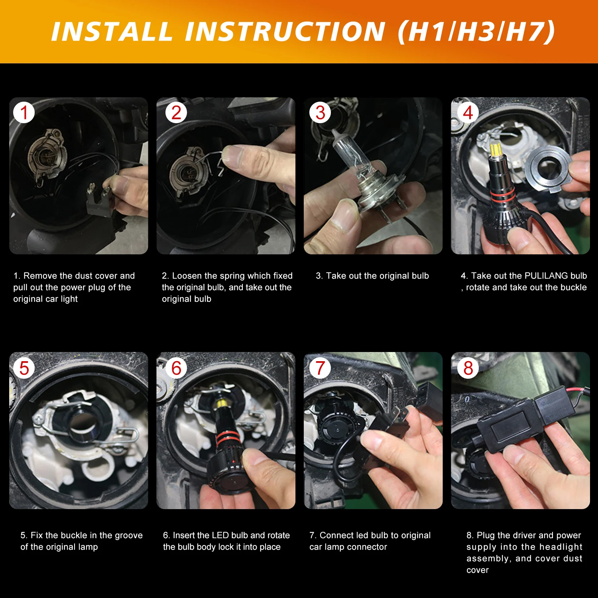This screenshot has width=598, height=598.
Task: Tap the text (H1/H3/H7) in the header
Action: coord(476,31)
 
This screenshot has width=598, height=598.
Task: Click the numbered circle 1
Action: coord(24,112)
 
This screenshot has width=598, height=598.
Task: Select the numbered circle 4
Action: coord(468,112)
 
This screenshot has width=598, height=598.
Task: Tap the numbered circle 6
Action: coord(176,368)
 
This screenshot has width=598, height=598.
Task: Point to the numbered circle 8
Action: coord(468,368)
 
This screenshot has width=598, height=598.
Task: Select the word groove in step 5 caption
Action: coord(128,536)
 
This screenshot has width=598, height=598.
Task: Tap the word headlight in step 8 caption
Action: coord(562,547)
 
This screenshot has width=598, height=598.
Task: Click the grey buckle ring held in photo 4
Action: coord(549,168)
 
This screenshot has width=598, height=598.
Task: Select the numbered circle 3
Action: coord(320,112)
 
